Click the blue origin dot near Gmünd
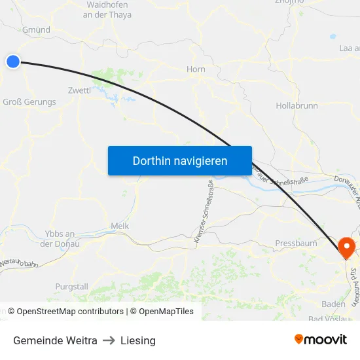pos(13,62)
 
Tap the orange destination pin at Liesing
pos(346,247)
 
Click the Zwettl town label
pos(79,90)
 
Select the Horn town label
pos(196,69)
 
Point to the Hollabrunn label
pos(297,105)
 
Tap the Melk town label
pos(120,226)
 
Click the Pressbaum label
pos(296,243)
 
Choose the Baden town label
pos(333,304)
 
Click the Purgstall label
pos(71,287)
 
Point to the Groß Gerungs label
pos(29,101)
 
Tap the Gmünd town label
pos(37,29)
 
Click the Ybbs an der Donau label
pos(60,239)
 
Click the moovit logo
pos(321,339)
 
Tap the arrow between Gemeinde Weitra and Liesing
pos(109,340)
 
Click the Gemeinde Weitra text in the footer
pos(55,340)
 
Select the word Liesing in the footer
pos(138,340)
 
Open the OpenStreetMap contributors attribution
pos(70,312)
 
